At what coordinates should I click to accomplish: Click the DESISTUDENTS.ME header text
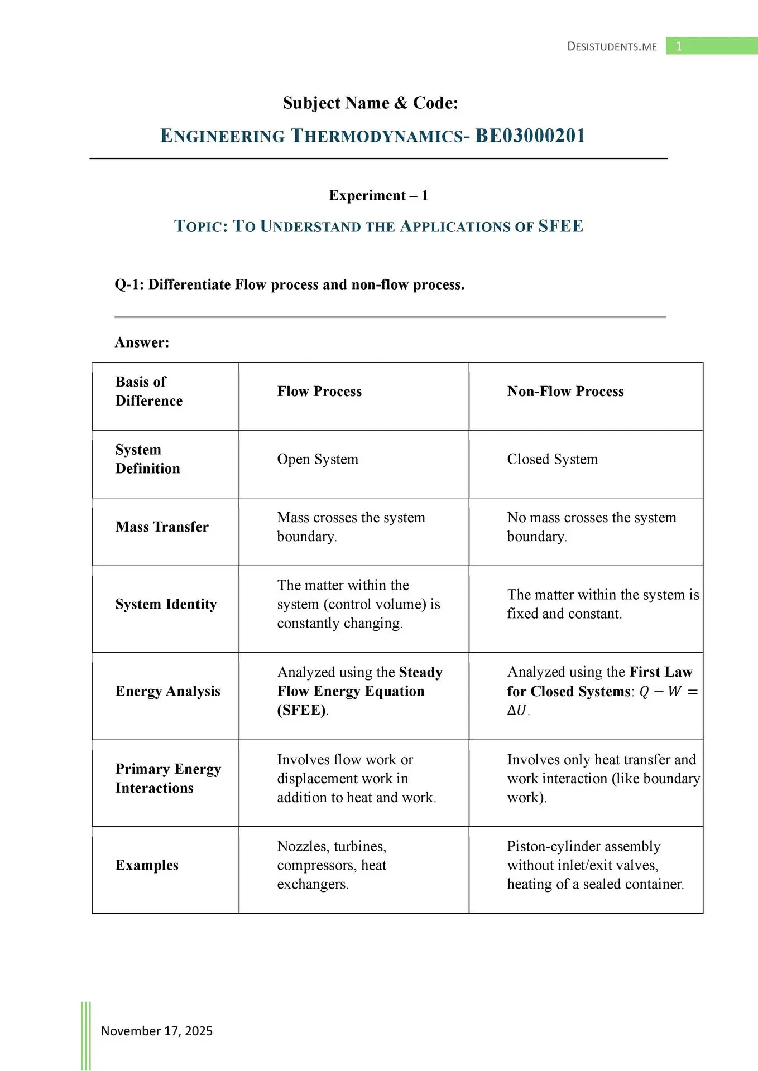[x=612, y=46]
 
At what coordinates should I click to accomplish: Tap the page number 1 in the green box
[x=679, y=46]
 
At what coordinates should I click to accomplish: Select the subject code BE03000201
[x=530, y=136]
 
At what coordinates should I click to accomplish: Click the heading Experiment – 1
[x=378, y=195]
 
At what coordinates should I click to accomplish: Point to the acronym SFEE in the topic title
[x=560, y=226]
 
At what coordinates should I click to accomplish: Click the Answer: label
[x=142, y=342]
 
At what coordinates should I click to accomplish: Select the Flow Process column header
[x=319, y=392]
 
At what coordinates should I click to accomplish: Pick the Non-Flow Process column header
[x=565, y=392]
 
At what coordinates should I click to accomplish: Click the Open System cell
[x=318, y=459]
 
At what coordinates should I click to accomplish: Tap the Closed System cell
[x=552, y=459]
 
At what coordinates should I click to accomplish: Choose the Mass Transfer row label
[x=162, y=527]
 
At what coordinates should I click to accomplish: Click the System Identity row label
[x=166, y=604]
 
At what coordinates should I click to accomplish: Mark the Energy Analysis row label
[x=167, y=691]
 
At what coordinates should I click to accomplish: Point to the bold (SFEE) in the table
[x=301, y=710]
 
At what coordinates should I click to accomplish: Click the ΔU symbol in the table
[x=517, y=711]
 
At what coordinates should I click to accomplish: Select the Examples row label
[x=147, y=865]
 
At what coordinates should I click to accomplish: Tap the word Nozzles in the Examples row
[x=302, y=846]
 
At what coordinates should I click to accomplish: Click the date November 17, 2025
[x=157, y=1031]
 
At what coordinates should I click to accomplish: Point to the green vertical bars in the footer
[x=86, y=1035]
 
